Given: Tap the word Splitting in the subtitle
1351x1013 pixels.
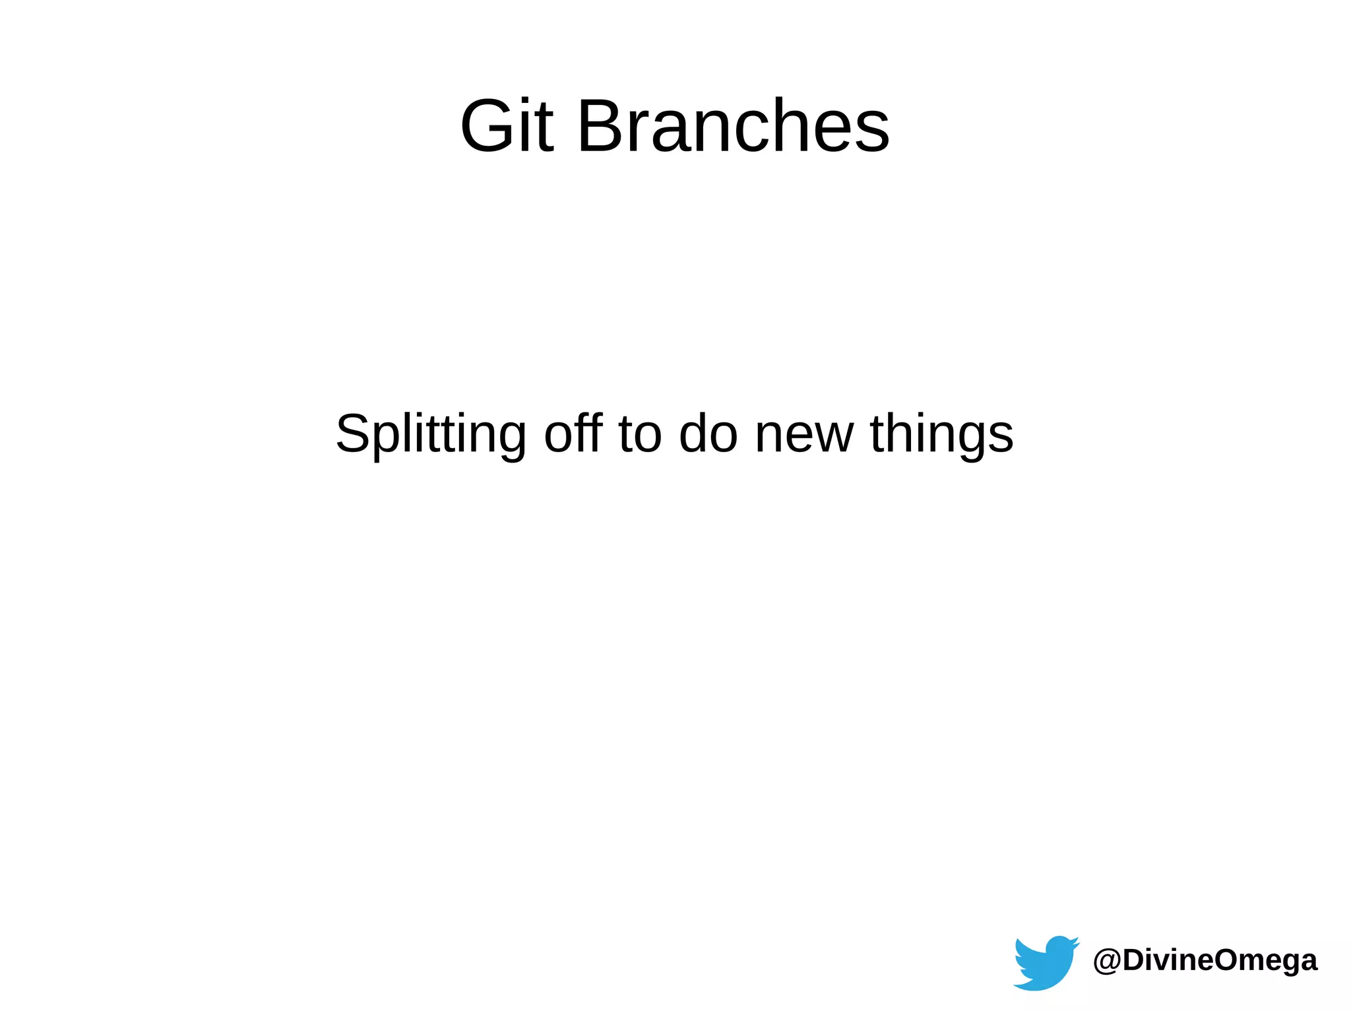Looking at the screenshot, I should (430, 434).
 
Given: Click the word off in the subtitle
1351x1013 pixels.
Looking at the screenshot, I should (573, 434).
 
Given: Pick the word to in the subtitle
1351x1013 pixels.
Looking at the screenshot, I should (640, 434).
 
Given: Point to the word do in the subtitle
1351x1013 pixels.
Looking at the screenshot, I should (708, 434).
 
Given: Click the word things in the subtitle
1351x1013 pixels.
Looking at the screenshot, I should (941, 434).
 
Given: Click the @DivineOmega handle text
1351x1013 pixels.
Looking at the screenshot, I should (1205, 960).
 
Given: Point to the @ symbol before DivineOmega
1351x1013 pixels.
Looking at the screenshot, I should (1106, 961).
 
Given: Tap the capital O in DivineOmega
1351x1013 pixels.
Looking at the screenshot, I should (1228, 960).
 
